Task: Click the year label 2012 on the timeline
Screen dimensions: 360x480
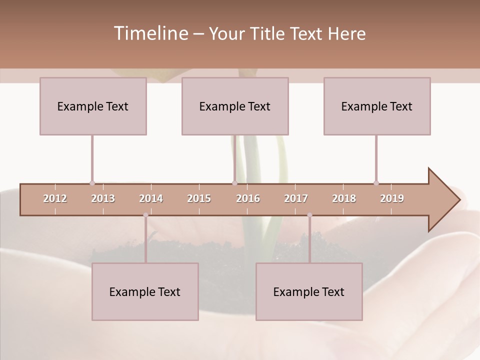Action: pos(55,198)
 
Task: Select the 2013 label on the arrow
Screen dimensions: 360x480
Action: pos(103,198)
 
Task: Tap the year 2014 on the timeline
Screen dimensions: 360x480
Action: pos(151,198)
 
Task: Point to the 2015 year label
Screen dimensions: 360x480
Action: pos(199,198)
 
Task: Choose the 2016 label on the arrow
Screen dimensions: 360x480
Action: pos(248,198)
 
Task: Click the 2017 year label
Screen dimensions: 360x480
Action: pos(296,198)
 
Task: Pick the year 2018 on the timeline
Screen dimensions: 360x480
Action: pos(344,198)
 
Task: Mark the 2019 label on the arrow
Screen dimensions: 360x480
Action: pos(392,198)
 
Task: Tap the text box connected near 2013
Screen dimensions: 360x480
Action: pos(93,106)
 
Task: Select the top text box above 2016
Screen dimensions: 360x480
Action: pos(235,106)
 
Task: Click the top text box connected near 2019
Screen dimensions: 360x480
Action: pos(377,106)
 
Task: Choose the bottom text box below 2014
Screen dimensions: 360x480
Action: pos(145,291)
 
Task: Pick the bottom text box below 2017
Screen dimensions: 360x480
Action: pos(309,291)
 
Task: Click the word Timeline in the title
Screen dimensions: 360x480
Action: pos(150,33)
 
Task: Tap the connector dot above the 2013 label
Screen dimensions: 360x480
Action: pos(92,183)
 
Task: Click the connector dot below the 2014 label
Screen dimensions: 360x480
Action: pos(145,215)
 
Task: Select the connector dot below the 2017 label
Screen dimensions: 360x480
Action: pos(309,215)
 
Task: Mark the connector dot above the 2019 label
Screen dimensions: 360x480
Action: pos(376,183)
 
